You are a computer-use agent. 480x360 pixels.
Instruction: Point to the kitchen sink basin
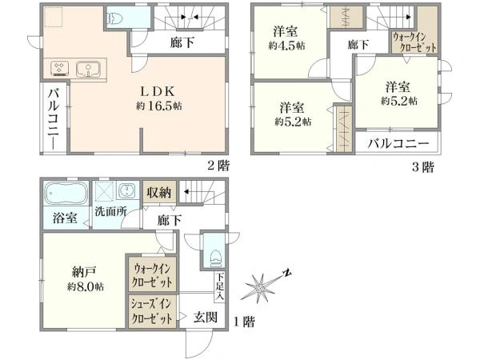click(x=86, y=68)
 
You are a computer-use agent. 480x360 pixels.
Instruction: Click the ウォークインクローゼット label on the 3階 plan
click(x=414, y=42)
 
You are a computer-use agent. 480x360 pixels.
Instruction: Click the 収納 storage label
click(x=158, y=192)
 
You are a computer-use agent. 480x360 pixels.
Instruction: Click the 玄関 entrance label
click(x=206, y=318)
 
